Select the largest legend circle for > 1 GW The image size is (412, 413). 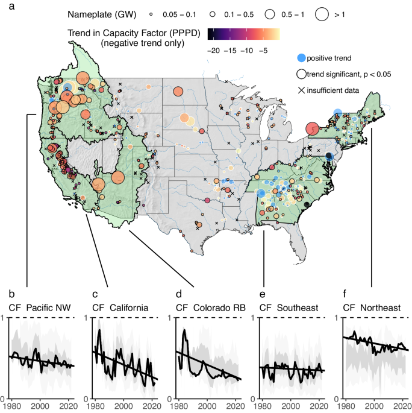point(322,13)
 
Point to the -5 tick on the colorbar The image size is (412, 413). point(264,51)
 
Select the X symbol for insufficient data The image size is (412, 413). point(301,90)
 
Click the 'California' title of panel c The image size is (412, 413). point(129,308)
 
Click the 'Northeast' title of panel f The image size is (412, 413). point(381,308)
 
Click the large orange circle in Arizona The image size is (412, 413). point(117,177)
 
